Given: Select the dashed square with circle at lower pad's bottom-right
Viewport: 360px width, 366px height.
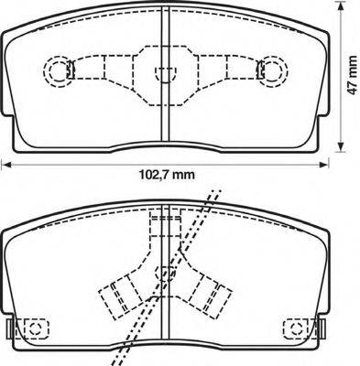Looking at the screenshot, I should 296,327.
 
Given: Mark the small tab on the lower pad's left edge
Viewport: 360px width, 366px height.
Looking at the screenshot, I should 9,328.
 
